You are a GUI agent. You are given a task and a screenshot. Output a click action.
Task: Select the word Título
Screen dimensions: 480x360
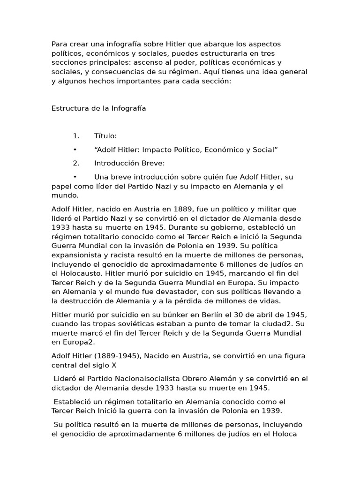(105, 136)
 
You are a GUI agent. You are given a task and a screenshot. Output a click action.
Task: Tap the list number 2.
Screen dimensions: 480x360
(76, 163)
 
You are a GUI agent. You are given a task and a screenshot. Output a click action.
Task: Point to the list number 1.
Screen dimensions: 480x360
(76, 136)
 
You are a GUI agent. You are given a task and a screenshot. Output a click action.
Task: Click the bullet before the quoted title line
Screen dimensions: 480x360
(75, 150)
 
